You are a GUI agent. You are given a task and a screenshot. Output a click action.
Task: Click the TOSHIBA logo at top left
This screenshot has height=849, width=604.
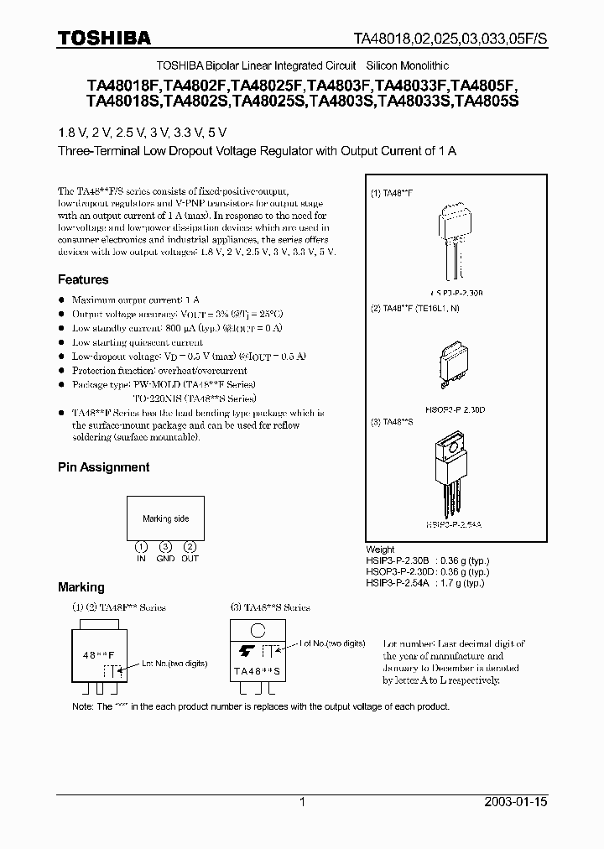point(104,38)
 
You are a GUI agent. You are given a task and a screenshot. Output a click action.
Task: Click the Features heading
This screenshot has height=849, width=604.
point(83,279)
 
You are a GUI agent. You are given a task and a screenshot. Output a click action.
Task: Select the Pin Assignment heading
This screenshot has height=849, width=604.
point(103,466)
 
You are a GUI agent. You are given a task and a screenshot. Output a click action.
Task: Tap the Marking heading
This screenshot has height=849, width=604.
point(81,587)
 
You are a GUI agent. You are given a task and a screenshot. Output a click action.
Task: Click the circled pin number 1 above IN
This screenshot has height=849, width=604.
point(141,547)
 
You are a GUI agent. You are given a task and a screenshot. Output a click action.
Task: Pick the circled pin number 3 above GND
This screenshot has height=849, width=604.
point(165,547)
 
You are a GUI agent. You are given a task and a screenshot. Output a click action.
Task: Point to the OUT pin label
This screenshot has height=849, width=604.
point(190,558)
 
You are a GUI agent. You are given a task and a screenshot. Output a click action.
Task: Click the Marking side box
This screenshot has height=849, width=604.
point(165,519)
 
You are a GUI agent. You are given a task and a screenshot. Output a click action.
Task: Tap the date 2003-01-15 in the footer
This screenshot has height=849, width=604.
point(516,802)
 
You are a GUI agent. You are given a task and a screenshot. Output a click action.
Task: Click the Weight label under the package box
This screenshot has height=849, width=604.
point(381,550)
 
